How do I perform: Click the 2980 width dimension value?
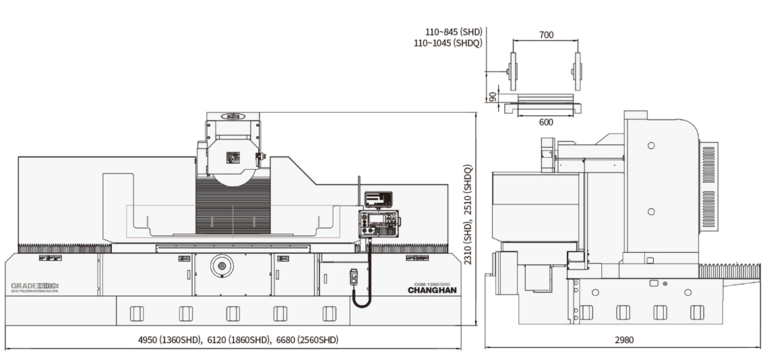[624, 340]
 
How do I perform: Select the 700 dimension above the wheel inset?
[546, 35]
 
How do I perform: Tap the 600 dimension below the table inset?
[546, 122]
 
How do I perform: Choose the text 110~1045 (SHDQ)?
[448, 42]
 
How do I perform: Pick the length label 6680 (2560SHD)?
[307, 340]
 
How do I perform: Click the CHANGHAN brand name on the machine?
[432, 291]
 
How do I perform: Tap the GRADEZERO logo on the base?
[35, 287]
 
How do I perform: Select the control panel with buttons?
[379, 223]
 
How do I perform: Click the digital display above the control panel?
[378, 199]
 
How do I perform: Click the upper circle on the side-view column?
[650, 146]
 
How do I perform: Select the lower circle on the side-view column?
[650, 212]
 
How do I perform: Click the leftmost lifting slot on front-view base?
[136, 313]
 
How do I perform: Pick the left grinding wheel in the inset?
[513, 71]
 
